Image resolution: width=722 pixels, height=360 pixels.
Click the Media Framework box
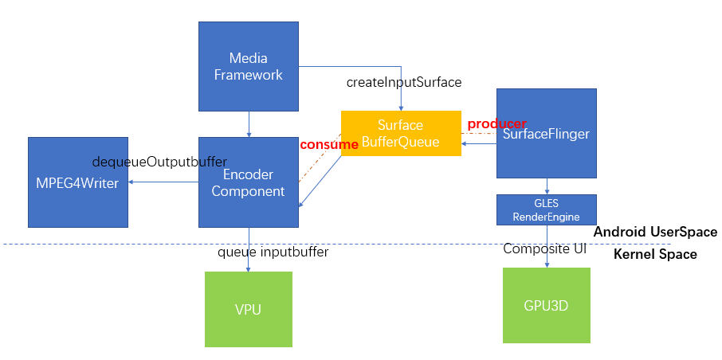coord(248,66)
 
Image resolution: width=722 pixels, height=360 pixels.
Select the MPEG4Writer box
coord(77,182)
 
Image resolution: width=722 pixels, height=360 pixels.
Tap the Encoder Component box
coord(248,182)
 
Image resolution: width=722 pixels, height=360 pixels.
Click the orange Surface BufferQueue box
coord(401,133)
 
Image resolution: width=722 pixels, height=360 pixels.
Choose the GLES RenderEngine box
coord(546,209)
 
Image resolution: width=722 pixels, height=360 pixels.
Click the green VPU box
coord(248,309)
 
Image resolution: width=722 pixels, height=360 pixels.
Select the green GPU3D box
coord(546,305)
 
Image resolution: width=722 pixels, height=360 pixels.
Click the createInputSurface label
coord(404,82)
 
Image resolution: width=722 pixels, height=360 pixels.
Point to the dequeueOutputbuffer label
coord(159,162)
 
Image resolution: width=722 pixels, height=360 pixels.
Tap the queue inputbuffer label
coord(273,252)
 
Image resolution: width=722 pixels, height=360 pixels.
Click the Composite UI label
coord(545,249)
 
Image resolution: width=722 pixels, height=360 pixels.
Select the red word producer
coord(496,124)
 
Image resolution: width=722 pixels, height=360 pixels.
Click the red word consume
coord(328,145)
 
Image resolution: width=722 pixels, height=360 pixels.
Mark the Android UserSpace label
coord(655,233)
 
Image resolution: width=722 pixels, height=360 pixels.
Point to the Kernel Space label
coord(655,255)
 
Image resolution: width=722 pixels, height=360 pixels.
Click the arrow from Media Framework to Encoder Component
coord(249,124)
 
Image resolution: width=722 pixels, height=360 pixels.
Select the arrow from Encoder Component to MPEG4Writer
coord(163,182)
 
